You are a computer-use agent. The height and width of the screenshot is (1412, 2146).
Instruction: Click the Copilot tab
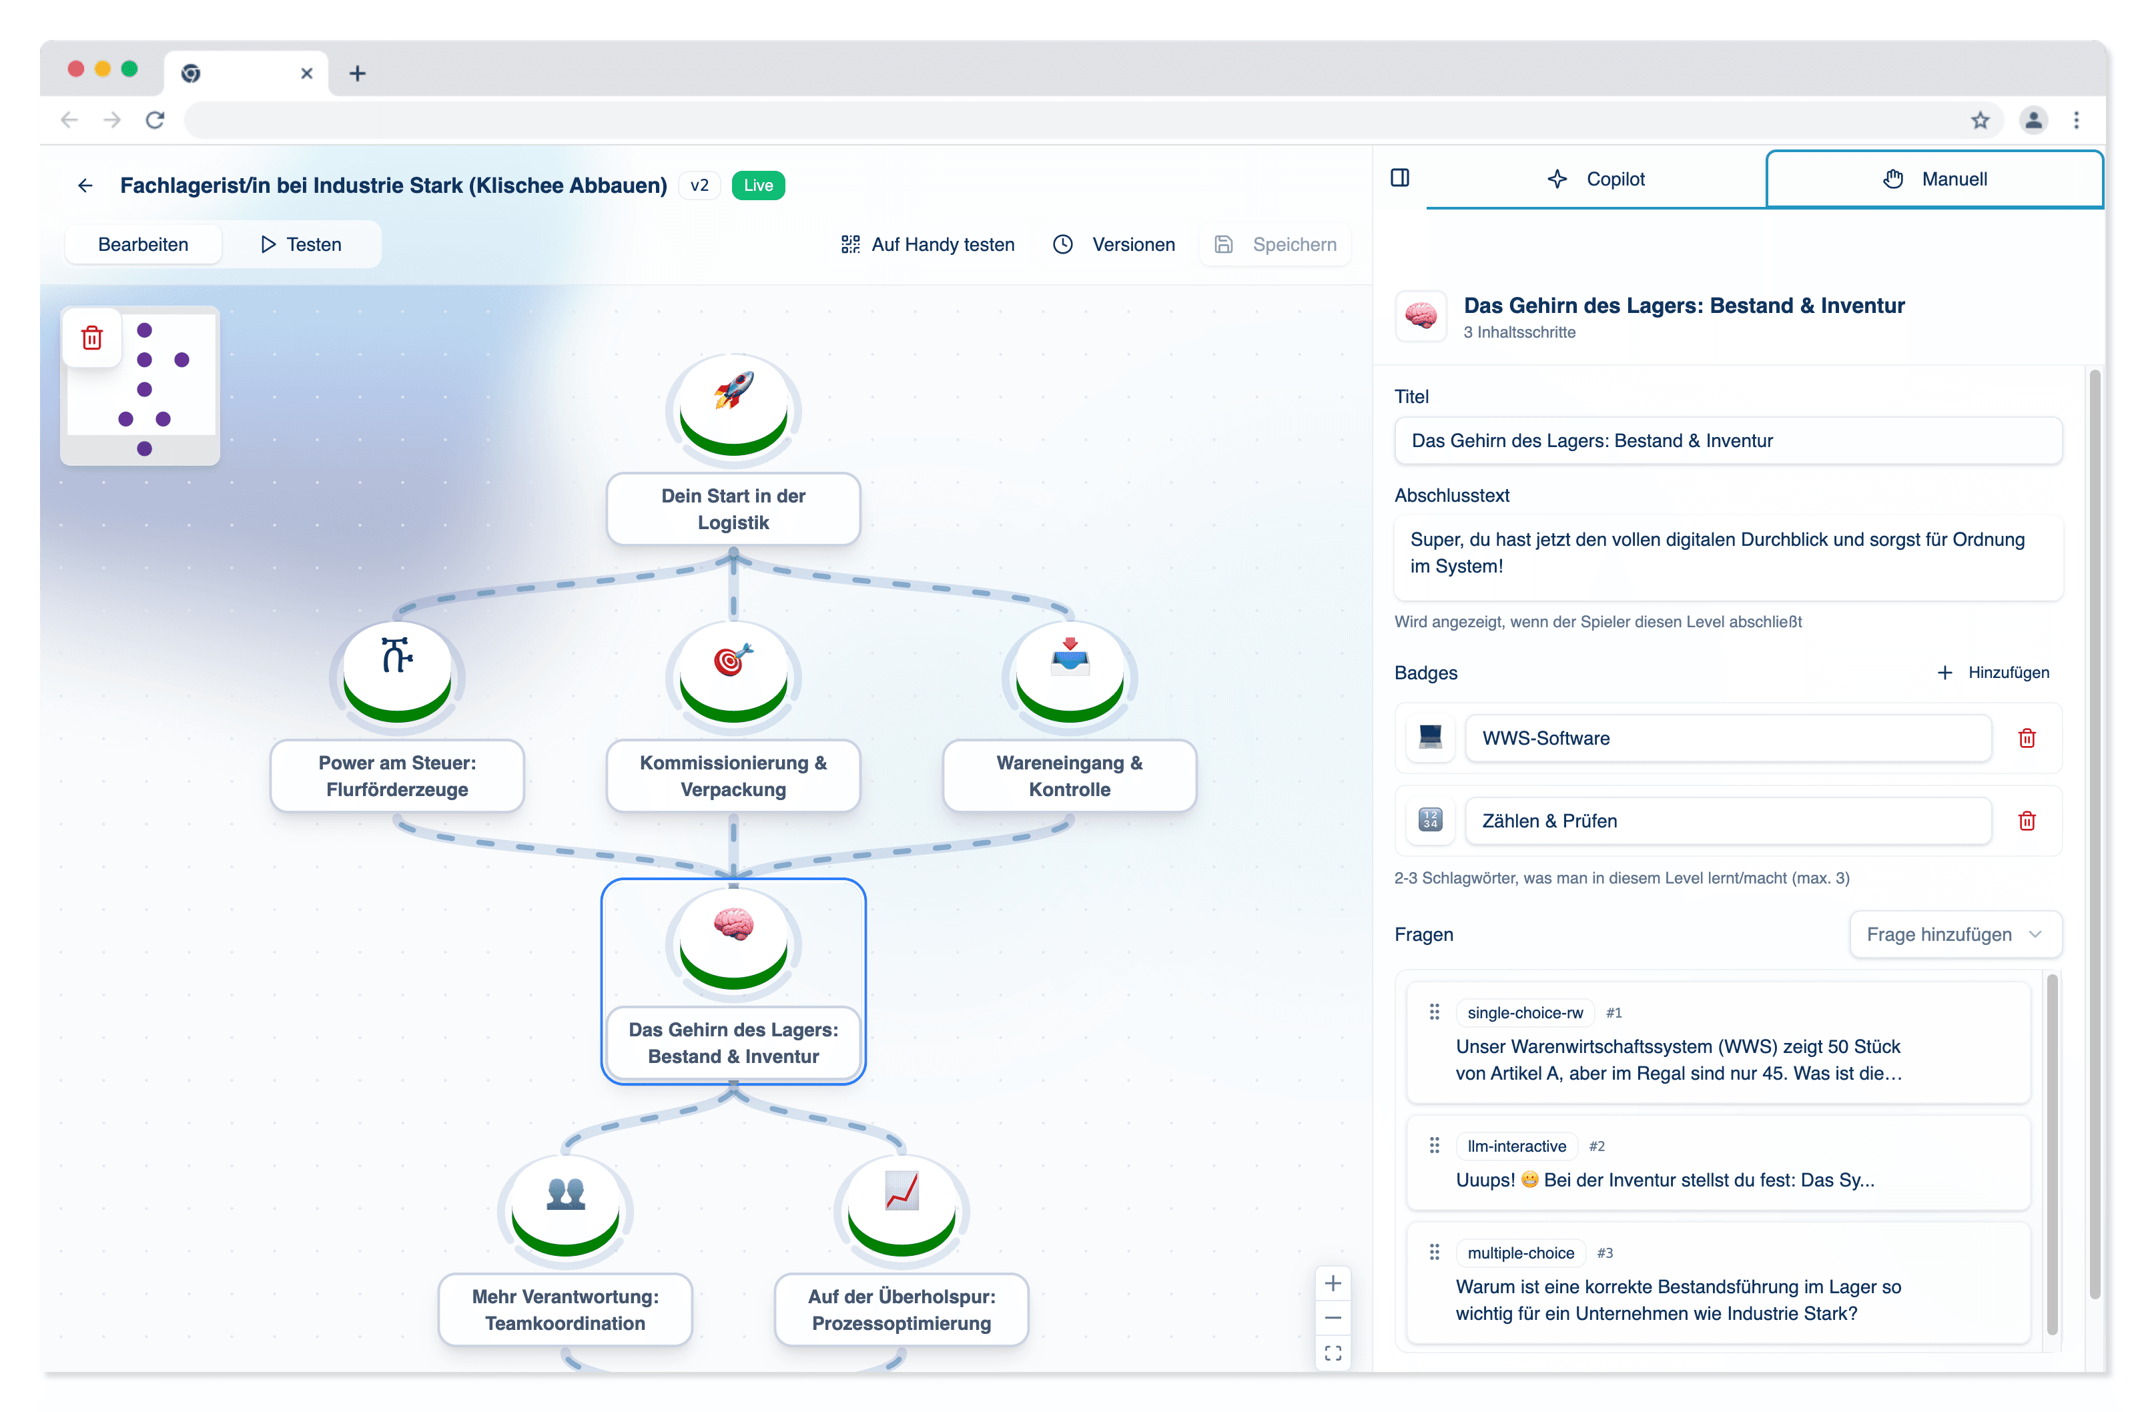[1596, 180]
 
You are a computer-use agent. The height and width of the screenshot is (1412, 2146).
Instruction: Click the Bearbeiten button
[143, 244]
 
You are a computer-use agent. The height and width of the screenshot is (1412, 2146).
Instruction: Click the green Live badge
[757, 186]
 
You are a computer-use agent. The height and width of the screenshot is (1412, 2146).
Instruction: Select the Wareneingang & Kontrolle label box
[1070, 775]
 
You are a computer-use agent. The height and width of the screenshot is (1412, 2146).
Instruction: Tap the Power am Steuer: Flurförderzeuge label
[397, 775]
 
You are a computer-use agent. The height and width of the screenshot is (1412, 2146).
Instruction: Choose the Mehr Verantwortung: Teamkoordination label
[565, 1309]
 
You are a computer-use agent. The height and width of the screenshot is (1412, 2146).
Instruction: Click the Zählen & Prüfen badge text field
[1727, 821]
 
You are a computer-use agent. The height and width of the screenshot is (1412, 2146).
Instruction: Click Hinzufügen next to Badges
[1994, 673]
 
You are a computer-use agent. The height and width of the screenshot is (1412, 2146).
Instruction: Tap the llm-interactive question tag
[1517, 1146]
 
